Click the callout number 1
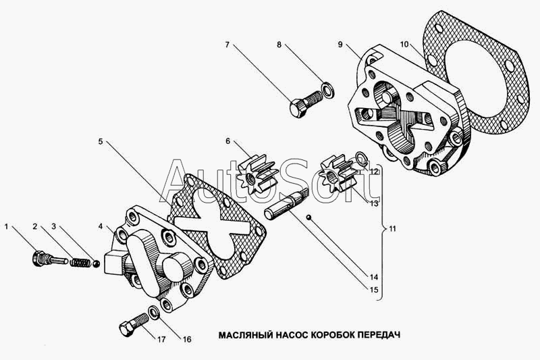(x=6, y=226)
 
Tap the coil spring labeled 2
(x=79, y=263)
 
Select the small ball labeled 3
(x=97, y=263)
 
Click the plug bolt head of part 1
(x=36, y=259)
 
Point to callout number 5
(x=100, y=142)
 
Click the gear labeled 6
(x=258, y=174)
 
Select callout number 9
(x=340, y=45)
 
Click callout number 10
(x=404, y=45)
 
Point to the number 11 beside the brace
(x=392, y=229)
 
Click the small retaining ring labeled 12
(x=361, y=158)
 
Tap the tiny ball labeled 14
(x=309, y=217)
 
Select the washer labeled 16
(x=153, y=312)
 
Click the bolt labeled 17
(x=133, y=324)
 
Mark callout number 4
(x=100, y=226)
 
